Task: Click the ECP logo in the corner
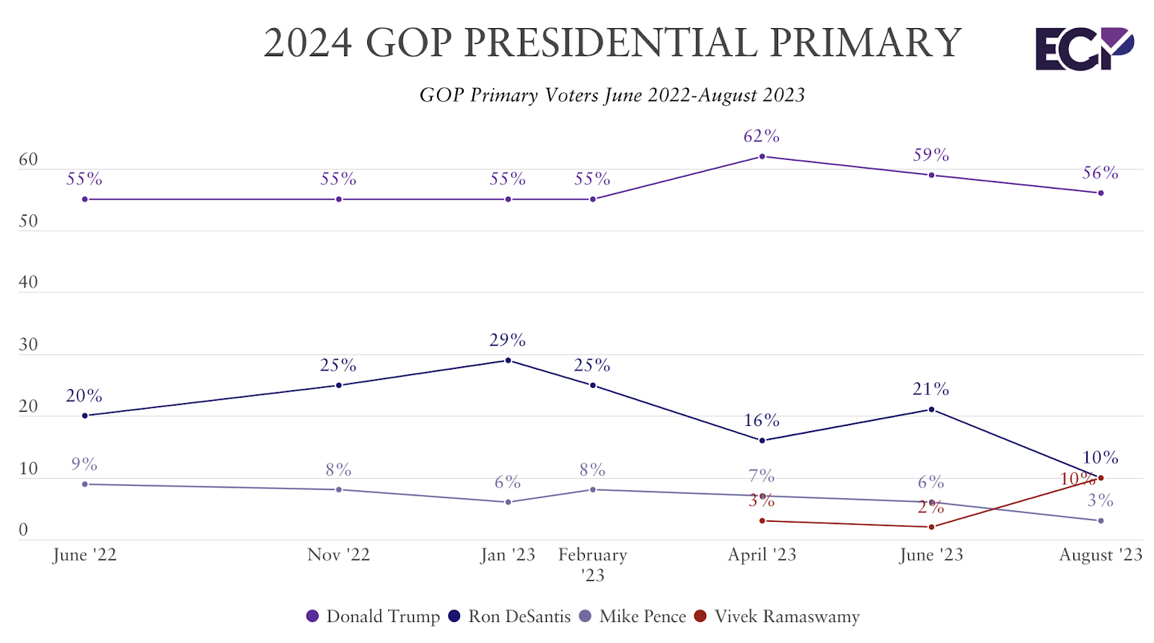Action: pos(1084,49)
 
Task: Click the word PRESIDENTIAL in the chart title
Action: pos(610,43)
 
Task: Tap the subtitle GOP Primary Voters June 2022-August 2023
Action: pos(612,95)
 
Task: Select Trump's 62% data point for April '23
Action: pos(762,156)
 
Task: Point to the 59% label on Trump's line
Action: pos(930,155)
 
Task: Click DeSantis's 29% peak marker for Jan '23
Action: pos(508,360)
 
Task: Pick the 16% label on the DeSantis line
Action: pos(762,420)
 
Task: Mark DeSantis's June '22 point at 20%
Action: pos(84,416)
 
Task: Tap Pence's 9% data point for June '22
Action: pos(84,484)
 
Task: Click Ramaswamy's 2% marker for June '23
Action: pos(931,527)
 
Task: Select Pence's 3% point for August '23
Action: pos(1101,520)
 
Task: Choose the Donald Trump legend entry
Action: pos(373,616)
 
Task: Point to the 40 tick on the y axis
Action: pos(28,283)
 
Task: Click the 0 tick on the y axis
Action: pos(23,530)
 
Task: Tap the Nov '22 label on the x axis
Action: pos(338,554)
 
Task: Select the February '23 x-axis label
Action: pos(593,564)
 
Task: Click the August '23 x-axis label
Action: pos(1100,554)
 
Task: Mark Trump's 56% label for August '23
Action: pos(1100,173)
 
